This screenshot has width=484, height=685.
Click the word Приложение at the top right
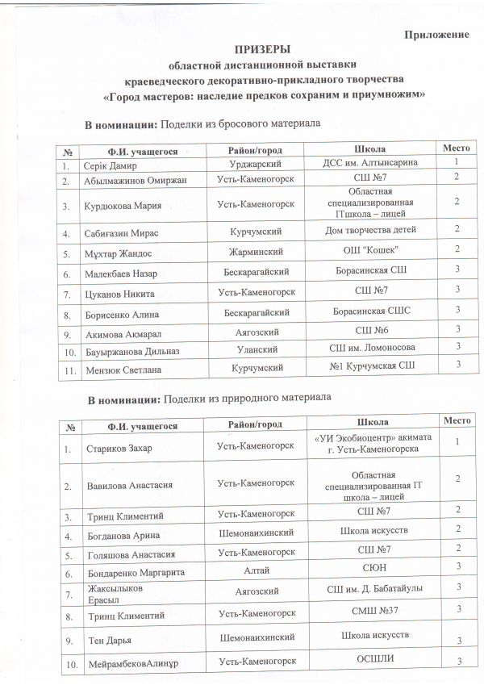(x=436, y=36)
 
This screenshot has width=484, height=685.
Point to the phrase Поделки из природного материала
(x=247, y=399)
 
